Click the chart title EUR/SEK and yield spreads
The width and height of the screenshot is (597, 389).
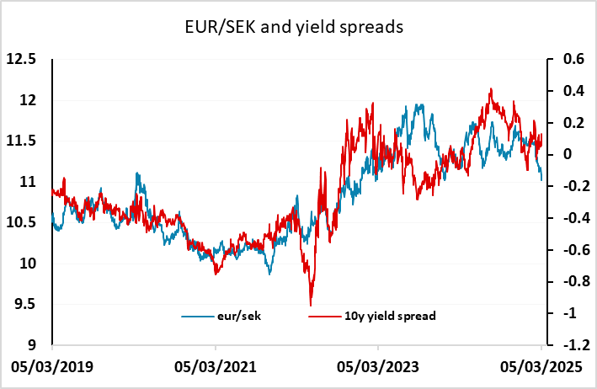(294, 28)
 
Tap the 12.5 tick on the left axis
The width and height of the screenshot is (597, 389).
(21, 60)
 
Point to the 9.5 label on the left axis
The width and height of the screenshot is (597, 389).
(25, 304)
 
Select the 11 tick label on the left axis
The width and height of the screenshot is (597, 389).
(28, 182)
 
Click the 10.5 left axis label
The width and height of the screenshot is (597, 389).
(21, 222)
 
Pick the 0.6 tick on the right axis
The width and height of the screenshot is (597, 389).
(573, 60)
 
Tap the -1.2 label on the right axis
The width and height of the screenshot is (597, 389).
(577, 345)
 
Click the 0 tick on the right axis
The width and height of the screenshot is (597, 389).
(568, 155)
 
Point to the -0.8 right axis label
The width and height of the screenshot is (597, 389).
(577, 281)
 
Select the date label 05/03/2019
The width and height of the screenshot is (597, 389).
(52, 367)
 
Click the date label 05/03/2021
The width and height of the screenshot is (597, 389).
(216, 367)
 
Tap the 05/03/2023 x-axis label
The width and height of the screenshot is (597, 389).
(378, 367)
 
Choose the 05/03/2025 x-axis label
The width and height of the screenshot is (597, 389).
(541, 367)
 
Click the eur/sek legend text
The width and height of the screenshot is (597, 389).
(239, 316)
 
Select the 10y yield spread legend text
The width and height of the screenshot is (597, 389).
(390, 317)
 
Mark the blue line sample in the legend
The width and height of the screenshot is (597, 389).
(198, 317)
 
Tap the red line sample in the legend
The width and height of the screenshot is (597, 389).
(324, 317)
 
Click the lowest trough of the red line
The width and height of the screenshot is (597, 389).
(311, 306)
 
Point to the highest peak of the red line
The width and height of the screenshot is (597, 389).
(491, 89)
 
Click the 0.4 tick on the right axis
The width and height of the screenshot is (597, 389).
(573, 91)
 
